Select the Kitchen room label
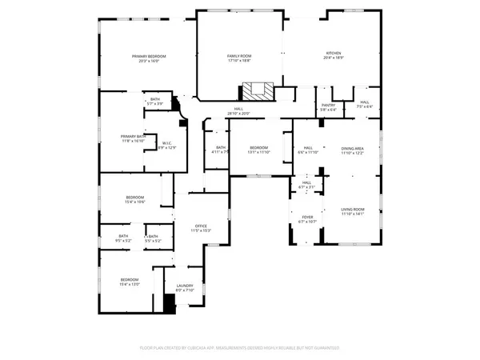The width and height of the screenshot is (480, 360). click(333, 56)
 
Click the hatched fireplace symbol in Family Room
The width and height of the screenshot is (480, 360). click(257, 90)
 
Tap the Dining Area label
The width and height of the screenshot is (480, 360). click(353, 150)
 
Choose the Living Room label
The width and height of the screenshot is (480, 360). click(353, 211)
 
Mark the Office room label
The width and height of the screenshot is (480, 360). click(200, 228)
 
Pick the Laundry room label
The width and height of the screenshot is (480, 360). click(184, 288)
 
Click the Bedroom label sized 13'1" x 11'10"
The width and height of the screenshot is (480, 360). click(258, 150)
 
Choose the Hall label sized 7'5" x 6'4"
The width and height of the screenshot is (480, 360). click(364, 104)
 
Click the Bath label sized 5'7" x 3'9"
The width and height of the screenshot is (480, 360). click(154, 102)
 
